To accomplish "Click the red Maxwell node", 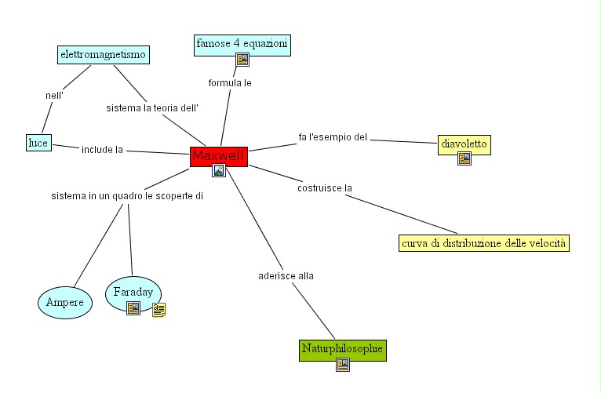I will click(219, 156).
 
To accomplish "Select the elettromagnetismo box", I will click(104, 55).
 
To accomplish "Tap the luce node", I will click(38, 143).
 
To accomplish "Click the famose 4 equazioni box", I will click(242, 43).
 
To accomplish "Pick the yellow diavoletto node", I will click(464, 144).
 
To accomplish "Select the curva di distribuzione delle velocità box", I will click(483, 243).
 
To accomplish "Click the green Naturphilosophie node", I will click(343, 349).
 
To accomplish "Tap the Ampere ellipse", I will click(65, 302).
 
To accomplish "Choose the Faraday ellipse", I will click(133, 292).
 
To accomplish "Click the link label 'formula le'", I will click(230, 82).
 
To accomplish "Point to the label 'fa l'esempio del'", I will click(333, 137).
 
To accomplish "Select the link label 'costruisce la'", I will click(325, 188).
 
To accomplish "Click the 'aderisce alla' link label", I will click(286, 275).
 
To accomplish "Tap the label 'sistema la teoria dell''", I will click(152, 107).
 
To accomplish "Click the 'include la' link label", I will click(102, 149).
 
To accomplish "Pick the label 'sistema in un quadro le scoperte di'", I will click(127, 195).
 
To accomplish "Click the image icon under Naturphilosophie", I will click(342, 364).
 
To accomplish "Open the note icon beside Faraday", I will click(158, 310).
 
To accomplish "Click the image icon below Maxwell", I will click(219, 170).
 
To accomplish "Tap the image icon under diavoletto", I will click(464, 158).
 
